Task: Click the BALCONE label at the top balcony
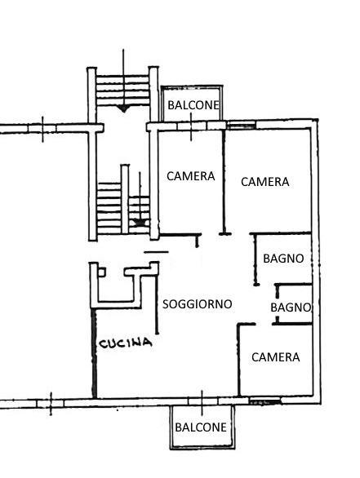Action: [193, 105]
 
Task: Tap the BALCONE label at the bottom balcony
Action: [201, 427]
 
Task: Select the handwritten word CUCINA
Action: [126, 343]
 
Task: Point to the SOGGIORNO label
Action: [197, 304]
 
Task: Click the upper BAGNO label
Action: [283, 259]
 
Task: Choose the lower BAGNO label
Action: [291, 308]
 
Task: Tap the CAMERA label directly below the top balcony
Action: [191, 176]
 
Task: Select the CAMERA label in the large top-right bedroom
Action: [265, 182]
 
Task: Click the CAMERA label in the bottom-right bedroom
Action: [276, 357]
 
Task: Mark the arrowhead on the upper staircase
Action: [123, 108]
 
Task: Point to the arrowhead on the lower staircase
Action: [140, 223]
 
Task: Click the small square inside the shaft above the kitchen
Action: [102, 272]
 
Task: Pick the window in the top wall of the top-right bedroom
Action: [242, 125]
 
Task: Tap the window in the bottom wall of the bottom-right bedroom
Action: [264, 402]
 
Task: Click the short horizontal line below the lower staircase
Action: [156, 252]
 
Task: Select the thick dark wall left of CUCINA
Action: [94, 353]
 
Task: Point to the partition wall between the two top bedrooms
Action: [224, 182]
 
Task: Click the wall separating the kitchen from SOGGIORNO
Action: [157, 299]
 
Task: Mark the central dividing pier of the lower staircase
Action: [125, 199]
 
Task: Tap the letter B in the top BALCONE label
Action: [171, 105]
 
